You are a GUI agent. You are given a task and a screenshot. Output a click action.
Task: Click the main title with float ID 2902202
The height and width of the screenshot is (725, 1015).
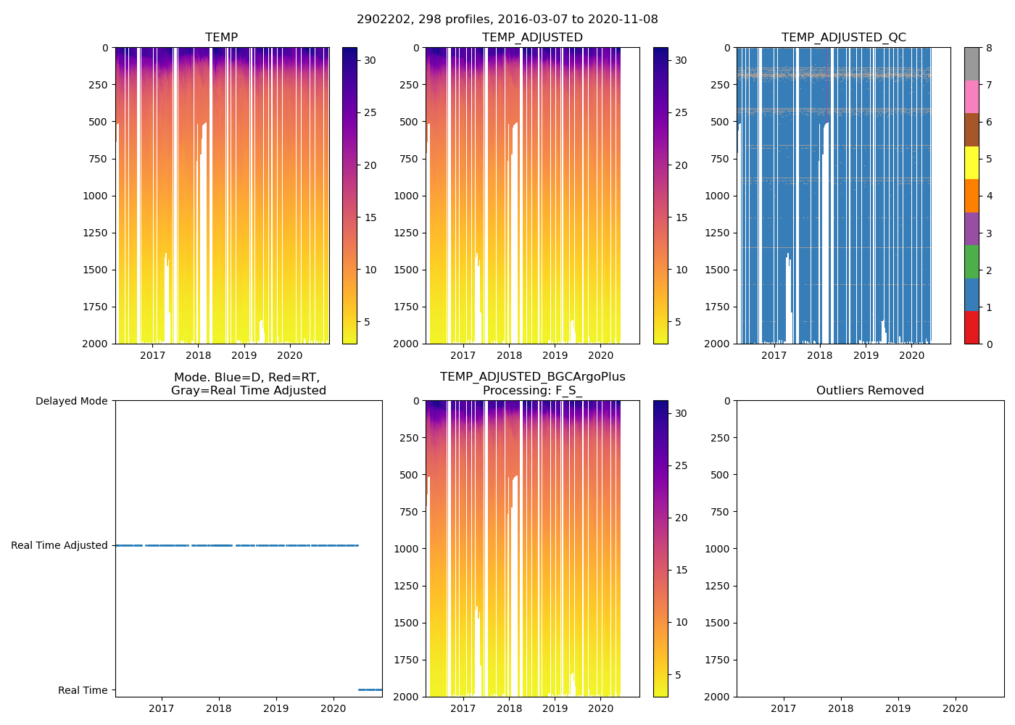[507, 20]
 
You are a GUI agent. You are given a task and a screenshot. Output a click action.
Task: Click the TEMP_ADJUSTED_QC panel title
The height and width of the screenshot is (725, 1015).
[843, 37]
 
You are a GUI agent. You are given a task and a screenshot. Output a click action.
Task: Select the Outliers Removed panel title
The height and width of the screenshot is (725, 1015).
[870, 390]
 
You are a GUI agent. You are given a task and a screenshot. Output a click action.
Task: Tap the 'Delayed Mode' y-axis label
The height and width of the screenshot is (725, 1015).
[71, 401]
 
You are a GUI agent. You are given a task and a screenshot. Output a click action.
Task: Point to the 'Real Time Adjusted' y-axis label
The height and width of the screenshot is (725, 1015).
[59, 545]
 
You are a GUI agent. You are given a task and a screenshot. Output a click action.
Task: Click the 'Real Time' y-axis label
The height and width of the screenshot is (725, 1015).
[83, 690]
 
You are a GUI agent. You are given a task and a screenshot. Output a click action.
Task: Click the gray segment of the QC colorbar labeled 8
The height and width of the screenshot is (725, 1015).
[971, 64]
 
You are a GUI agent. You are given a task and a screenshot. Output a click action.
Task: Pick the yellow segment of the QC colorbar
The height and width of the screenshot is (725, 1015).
[971, 162]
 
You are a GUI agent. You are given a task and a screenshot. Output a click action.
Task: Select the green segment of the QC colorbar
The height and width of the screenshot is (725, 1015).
[971, 262]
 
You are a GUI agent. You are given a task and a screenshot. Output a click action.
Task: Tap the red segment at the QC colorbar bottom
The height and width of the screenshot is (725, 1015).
[971, 328]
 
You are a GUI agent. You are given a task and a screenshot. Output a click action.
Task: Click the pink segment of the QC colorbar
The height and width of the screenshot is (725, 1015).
[971, 96]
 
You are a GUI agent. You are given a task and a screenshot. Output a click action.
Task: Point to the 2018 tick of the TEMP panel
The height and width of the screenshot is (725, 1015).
[199, 355]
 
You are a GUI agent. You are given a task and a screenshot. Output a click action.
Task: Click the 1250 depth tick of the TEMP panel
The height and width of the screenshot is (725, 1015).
[94, 233]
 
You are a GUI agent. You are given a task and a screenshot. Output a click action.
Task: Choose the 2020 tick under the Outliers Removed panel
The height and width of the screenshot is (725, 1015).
[955, 708]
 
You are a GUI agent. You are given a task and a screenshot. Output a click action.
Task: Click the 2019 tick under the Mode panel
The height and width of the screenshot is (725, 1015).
[275, 708]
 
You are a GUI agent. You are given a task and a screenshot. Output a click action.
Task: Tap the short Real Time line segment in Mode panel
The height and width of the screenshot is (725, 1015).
[370, 689]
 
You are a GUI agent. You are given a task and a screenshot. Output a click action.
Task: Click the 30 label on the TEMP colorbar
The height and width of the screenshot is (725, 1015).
[370, 60]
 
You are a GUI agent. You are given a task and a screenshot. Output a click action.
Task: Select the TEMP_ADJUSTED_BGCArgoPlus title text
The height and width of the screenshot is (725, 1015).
[532, 376]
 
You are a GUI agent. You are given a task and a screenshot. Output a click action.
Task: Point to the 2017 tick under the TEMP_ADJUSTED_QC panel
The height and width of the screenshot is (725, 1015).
[774, 355]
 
